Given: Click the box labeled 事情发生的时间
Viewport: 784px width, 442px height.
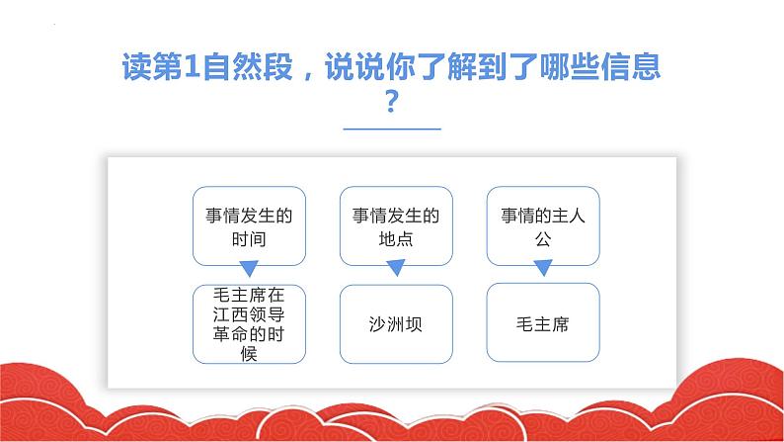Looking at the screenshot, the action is point(249,225).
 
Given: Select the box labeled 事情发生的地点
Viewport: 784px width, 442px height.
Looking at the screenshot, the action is point(396,225).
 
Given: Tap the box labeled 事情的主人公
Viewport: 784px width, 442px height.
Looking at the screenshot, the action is point(543,225).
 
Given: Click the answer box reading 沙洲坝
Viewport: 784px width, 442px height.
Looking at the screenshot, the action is point(396,324).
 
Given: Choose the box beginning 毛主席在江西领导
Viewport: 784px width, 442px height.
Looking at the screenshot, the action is point(249,324).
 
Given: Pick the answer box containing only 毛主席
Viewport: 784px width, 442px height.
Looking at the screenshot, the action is point(543,322).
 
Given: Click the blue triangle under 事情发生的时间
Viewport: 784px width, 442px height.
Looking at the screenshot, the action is point(249,268).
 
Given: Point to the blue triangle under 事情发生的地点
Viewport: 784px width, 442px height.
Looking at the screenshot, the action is point(396,268).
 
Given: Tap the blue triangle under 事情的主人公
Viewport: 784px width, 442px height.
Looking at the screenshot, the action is point(543,267).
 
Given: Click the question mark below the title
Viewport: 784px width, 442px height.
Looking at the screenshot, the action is point(392,101).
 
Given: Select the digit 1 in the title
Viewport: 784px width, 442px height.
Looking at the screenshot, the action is point(192,66).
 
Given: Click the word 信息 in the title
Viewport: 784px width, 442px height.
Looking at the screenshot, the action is point(631,66).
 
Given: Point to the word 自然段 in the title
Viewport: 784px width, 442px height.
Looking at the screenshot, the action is point(248,66).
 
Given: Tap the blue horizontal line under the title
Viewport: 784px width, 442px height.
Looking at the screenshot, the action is point(392,130).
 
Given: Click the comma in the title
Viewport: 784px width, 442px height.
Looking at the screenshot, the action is point(308,75).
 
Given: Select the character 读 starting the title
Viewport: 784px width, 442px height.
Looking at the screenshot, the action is point(137,66).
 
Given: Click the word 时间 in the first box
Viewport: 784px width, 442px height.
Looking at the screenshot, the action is point(249,239).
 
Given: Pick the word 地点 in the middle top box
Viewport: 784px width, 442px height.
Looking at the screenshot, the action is point(396,239).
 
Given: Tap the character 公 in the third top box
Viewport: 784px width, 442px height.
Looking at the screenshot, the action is point(543,239).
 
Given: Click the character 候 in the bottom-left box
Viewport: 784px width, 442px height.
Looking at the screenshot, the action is point(249,353).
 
